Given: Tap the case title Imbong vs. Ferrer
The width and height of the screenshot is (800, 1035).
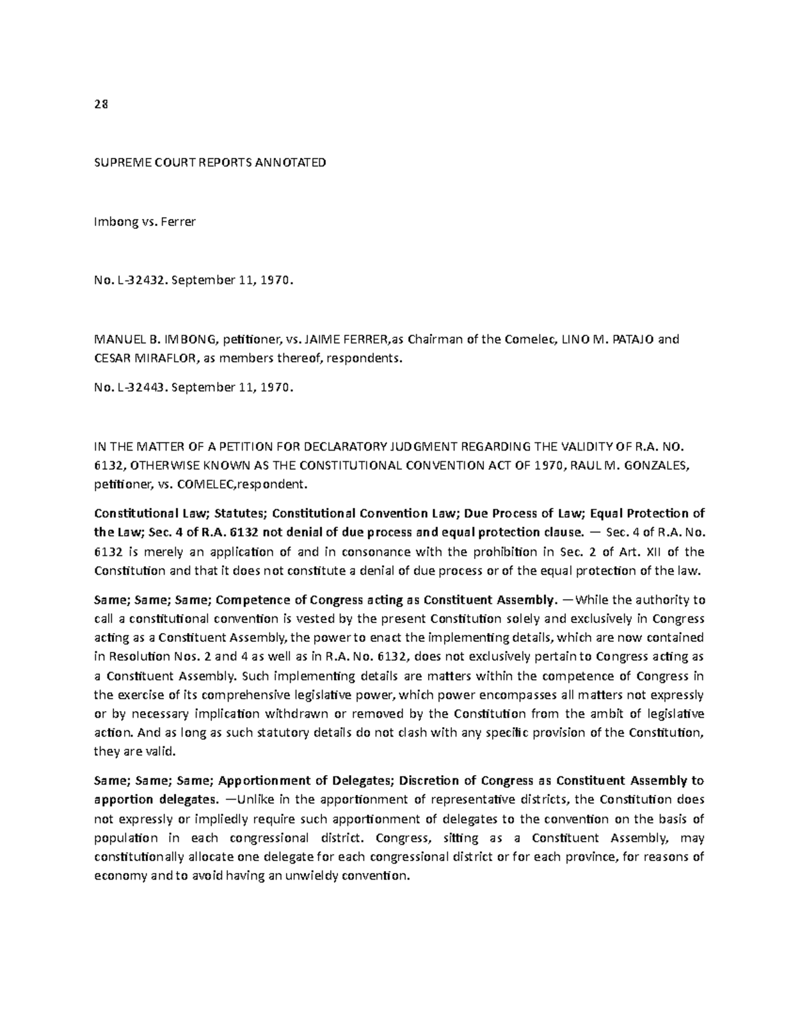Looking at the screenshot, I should pyautogui.click(x=145, y=222).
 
